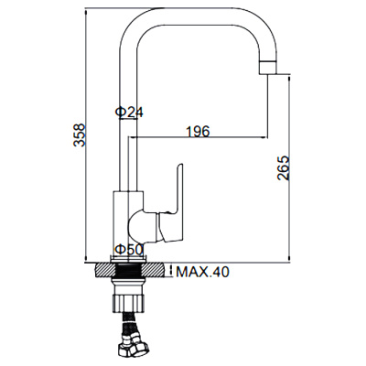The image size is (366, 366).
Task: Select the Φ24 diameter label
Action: coord(129,112)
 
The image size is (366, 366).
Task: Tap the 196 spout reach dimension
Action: coord(197,131)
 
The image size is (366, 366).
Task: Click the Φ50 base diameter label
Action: coord(127,249)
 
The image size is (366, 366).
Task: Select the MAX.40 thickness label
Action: coord(203,271)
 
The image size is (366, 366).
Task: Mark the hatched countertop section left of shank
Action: coord(106,272)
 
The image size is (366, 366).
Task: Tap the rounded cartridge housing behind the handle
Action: coord(143,225)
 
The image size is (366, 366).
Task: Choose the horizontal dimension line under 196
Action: coord(197,140)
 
